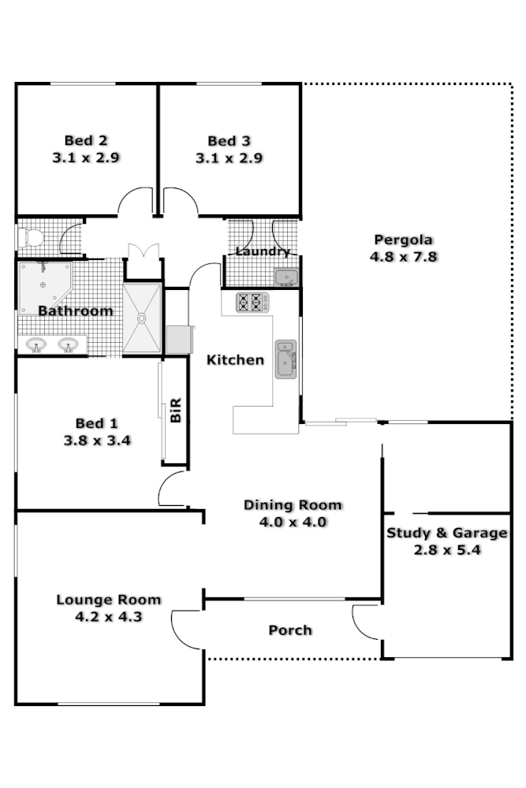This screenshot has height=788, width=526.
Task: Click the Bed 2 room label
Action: click(x=86, y=141)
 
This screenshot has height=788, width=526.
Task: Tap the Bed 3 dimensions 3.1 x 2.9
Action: click(x=229, y=158)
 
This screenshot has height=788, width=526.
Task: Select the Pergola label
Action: click(x=403, y=240)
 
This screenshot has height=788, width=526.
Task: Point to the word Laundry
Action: click(x=262, y=252)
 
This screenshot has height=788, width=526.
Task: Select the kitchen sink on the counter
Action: click(x=285, y=359)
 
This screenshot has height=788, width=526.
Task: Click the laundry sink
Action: click(x=285, y=277)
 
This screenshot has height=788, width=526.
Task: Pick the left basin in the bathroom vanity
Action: click(x=36, y=344)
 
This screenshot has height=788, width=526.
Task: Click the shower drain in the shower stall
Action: click(x=142, y=318)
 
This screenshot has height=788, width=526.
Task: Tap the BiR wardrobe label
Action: click(x=176, y=410)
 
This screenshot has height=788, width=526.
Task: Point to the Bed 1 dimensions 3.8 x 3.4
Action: click(x=97, y=440)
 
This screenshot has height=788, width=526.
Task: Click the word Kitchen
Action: click(x=235, y=360)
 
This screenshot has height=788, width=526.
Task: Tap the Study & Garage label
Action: click(x=446, y=533)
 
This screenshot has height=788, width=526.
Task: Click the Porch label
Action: click(x=290, y=630)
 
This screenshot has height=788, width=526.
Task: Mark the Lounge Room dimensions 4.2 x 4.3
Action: click(x=108, y=617)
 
